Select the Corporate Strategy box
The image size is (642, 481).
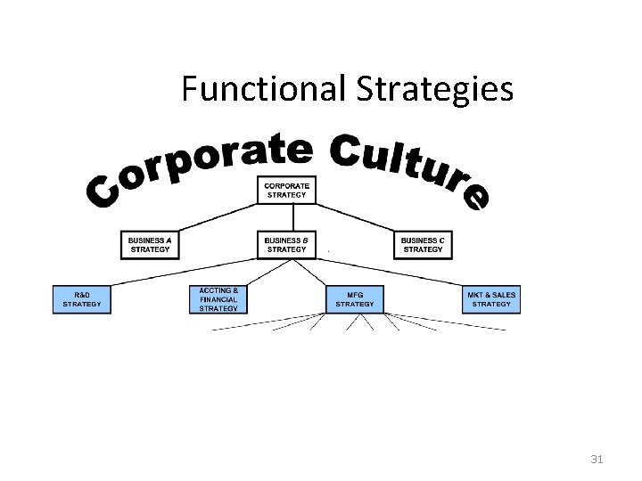286,189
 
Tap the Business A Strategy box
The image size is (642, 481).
150,245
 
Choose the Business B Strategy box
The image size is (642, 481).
286,245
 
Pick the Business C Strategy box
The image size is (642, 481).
423,245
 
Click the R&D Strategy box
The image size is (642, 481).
82,299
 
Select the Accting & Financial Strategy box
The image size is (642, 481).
218,299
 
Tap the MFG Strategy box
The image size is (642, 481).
355,299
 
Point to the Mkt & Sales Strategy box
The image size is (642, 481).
491,299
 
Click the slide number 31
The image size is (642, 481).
597,460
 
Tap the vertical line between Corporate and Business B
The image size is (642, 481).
292,217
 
